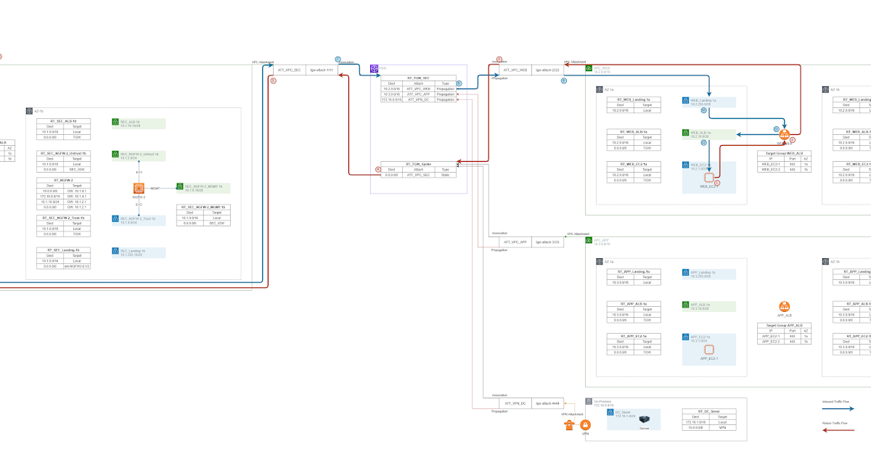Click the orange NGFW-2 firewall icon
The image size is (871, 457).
[139, 189]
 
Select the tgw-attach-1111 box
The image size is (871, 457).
[320, 70]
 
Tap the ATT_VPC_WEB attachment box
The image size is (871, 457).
[515, 70]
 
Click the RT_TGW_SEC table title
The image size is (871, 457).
[419, 78]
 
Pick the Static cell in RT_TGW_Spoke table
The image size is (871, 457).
[445, 175]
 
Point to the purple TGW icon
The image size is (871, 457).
[375, 69]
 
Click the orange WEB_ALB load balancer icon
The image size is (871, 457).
[784, 135]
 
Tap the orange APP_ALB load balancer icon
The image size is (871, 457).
[784, 308]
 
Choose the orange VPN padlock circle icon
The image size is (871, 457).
[586, 424]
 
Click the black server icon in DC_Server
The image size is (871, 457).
[644, 417]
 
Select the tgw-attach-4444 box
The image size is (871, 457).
[546, 403]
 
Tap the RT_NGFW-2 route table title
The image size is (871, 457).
[63, 179]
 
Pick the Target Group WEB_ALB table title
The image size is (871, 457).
[784, 154]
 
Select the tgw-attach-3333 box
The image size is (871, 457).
[546, 242]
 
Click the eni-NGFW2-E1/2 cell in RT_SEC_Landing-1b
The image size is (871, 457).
[76, 266]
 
